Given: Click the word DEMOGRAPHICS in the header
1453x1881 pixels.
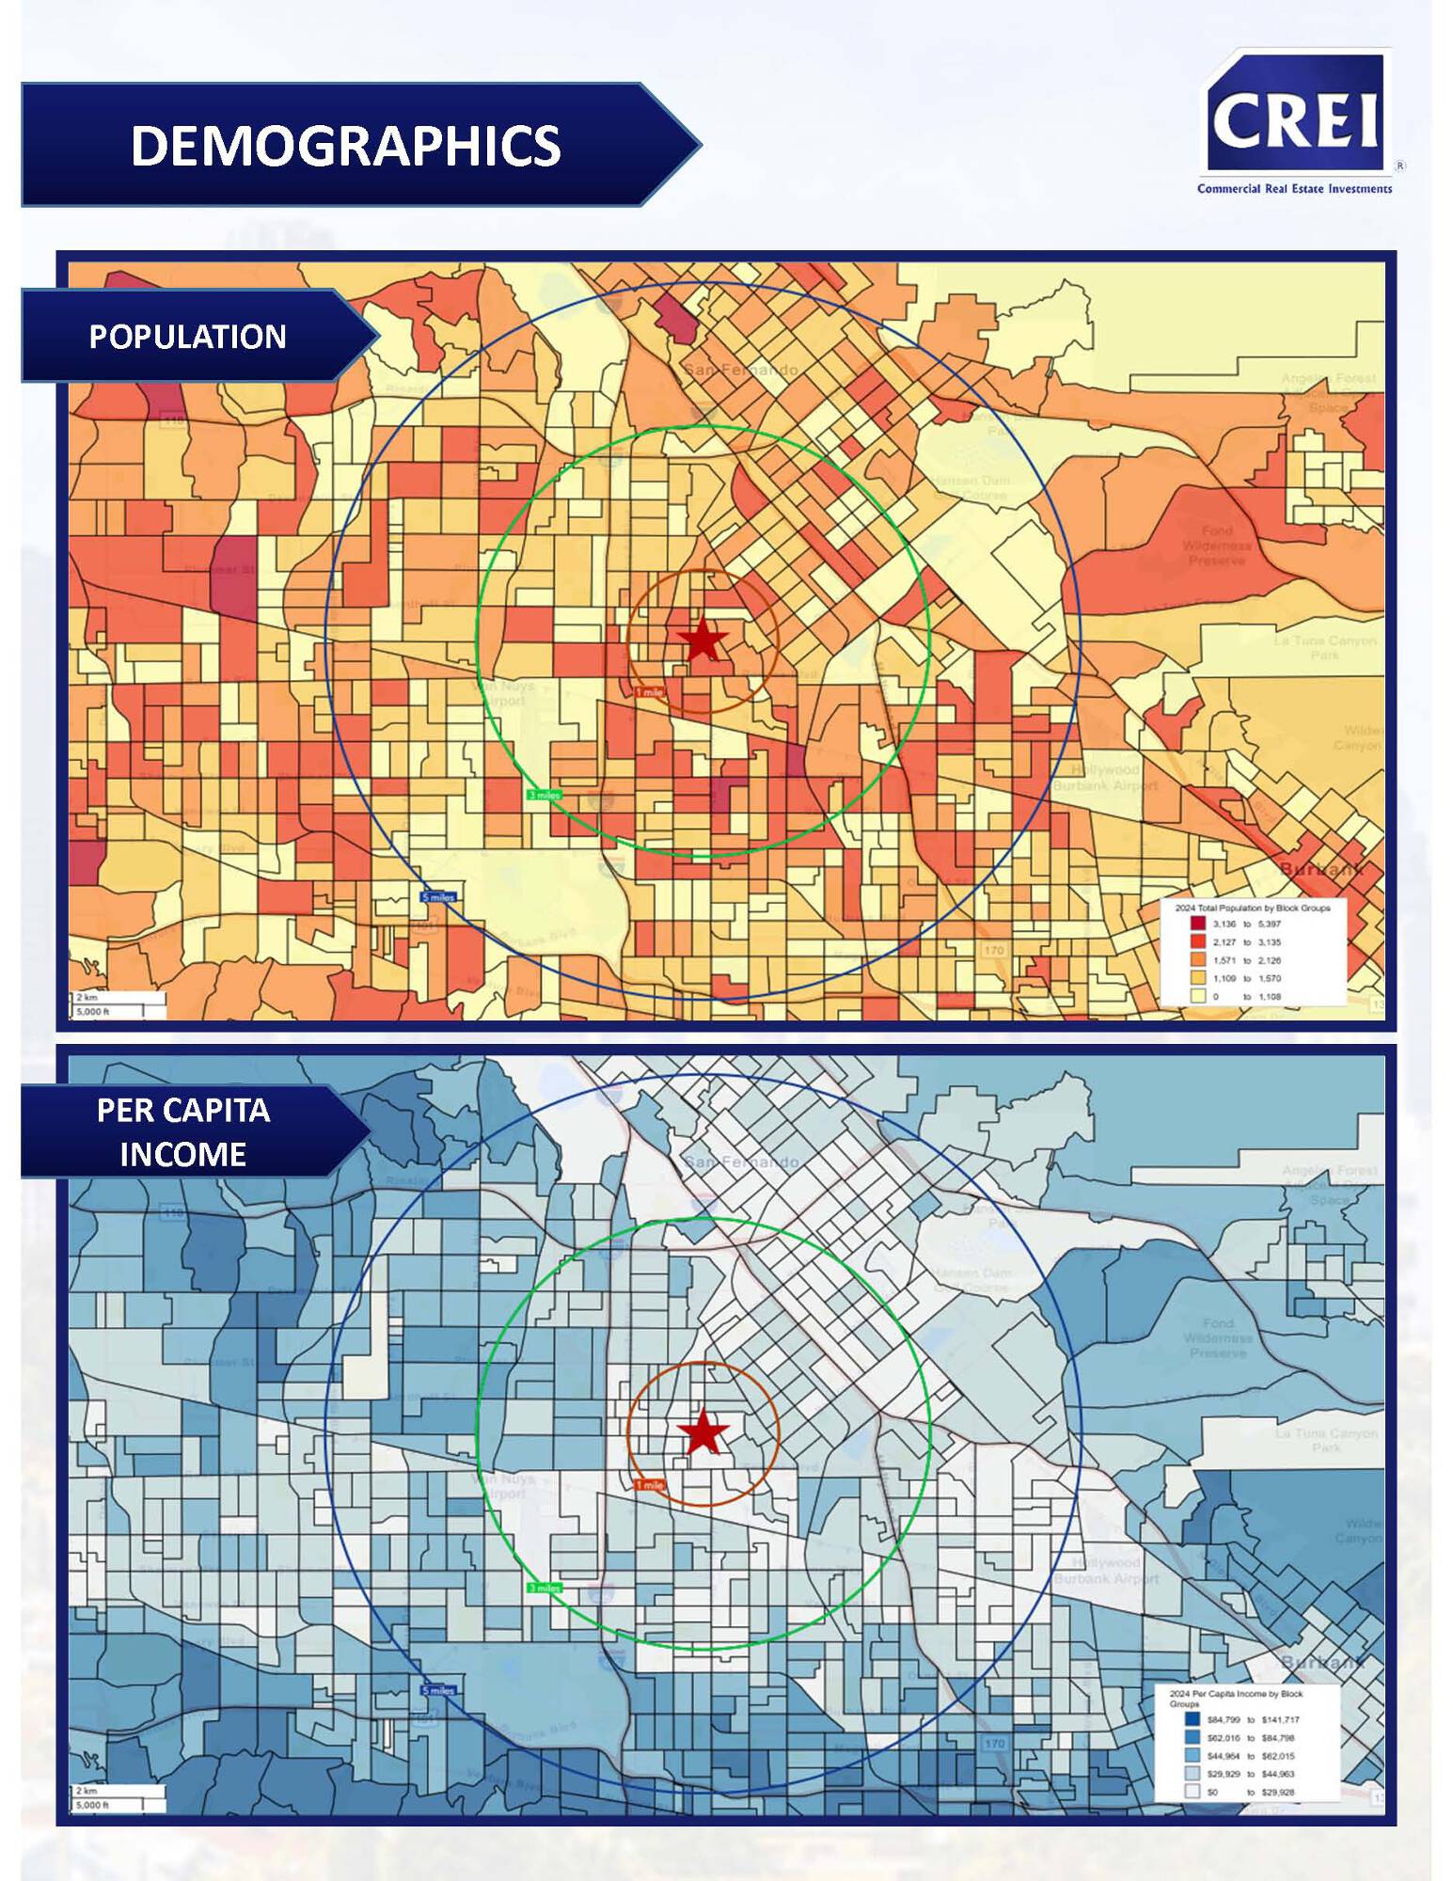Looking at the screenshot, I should [345, 146].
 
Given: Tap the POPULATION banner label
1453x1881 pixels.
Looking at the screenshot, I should [187, 337].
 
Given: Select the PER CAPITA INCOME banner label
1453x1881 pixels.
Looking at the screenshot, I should [182, 1131].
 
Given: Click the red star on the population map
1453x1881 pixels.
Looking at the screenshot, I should [703, 641].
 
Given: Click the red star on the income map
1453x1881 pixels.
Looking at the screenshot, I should [703, 1433].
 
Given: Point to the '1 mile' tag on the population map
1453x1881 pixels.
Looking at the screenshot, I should [649, 692].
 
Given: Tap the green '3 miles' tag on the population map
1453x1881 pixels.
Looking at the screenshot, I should [544, 795].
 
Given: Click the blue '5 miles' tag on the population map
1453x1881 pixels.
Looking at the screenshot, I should [437, 897].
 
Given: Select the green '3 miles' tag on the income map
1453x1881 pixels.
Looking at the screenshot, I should [544, 1588].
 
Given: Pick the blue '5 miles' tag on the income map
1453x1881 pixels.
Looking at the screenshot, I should [437, 1690].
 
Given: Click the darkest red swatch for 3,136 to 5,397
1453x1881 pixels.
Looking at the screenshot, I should [1197, 924].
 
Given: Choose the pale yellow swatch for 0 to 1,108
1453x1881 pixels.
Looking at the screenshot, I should [1197, 996].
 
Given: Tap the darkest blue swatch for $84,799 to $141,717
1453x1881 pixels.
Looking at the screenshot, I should [1192, 1719].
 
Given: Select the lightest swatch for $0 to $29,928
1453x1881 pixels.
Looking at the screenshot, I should [1192, 1792].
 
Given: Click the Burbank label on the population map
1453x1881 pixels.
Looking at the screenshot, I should [1321, 869].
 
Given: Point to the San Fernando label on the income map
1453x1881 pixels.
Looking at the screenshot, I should [741, 1162].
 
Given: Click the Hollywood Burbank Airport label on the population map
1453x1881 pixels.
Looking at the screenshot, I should [1105, 777].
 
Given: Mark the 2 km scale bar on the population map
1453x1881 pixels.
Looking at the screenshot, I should [118, 998].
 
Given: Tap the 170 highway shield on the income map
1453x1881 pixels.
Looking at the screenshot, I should [994, 1743].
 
